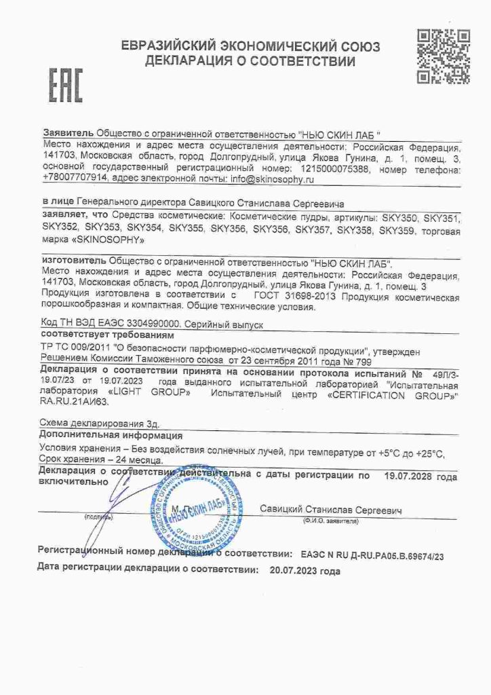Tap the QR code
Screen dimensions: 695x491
pos(443,56)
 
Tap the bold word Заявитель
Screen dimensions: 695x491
pos(67,134)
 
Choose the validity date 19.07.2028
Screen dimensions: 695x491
pos(412,476)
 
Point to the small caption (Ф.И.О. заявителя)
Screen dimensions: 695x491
pos(330,521)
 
